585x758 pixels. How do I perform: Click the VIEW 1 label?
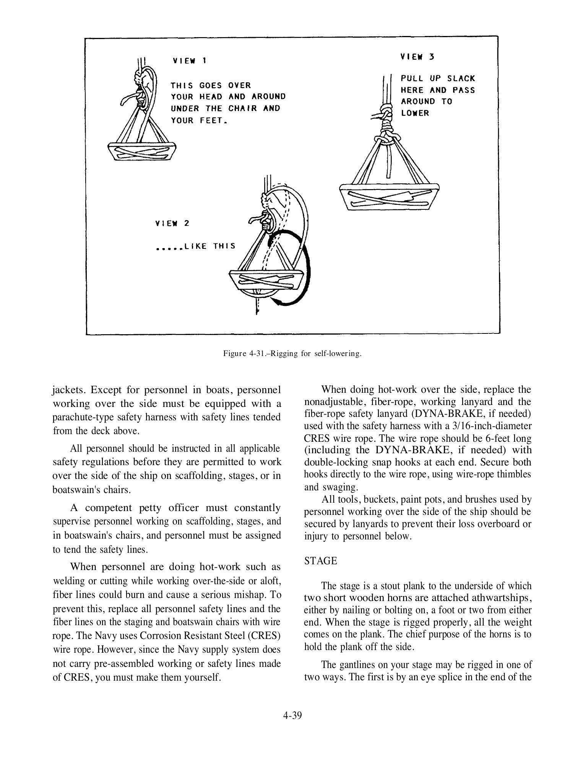[x=190, y=61]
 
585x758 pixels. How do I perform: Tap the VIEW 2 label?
[x=172, y=223]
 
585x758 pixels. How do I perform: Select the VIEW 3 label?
[x=417, y=57]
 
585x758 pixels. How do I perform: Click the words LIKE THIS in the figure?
[x=210, y=246]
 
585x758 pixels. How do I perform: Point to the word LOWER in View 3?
[x=415, y=113]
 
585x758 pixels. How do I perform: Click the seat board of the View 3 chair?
[x=389, y=196]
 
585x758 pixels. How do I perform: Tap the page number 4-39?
[x=292, y=715]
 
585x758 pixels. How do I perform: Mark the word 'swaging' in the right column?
[x=340, y=487]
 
